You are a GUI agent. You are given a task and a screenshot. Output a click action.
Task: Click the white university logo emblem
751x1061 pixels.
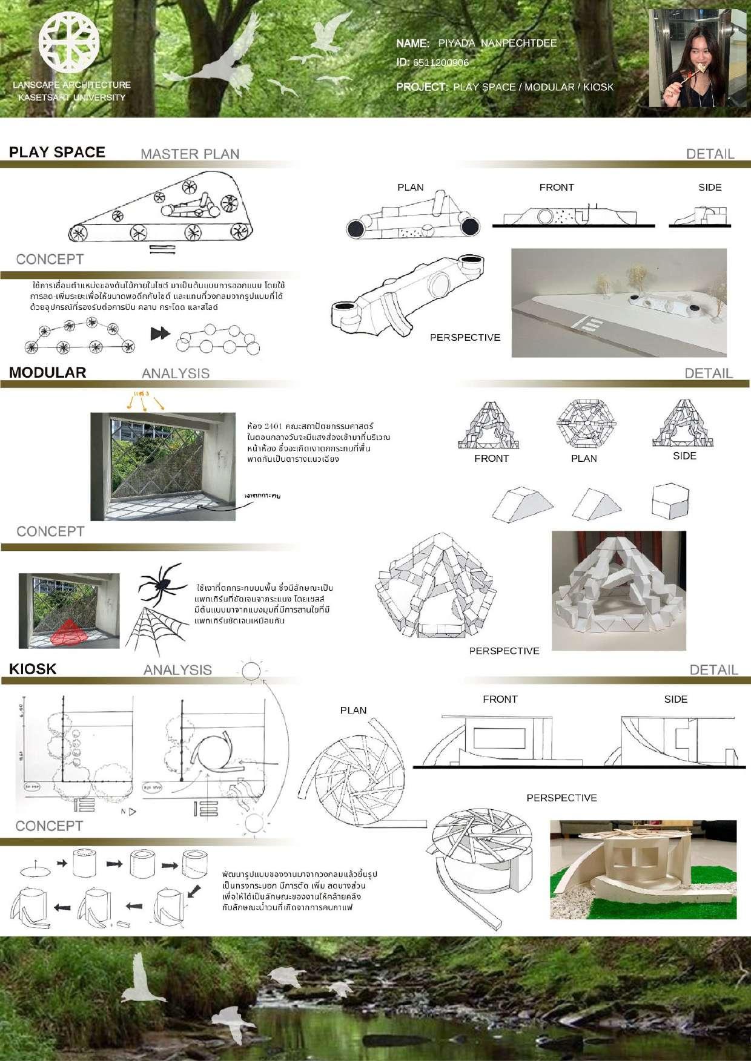(69, 42)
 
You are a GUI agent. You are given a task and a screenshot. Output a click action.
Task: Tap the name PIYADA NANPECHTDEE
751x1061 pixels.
(497, 43)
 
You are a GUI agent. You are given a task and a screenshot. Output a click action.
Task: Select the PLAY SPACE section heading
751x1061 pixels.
(57, 153)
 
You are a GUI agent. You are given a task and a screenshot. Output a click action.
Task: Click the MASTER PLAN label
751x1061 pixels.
(190, 154)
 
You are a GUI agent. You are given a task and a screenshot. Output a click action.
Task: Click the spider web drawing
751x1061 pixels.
(151, 629)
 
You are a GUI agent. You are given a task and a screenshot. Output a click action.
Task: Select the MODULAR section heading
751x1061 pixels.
(47, 373)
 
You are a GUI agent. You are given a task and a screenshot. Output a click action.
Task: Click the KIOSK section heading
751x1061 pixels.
(33, 669)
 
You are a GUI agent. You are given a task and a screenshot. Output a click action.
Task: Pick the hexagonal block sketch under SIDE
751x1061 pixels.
(670, 501)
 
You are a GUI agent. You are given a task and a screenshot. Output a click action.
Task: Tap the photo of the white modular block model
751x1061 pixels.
(618, 591)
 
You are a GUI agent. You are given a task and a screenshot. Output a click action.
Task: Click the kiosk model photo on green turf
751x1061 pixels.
(643, 869)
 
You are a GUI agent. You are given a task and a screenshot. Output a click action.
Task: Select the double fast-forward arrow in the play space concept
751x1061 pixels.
(160, 333)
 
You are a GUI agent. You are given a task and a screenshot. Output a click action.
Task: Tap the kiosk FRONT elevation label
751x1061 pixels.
(500, 699)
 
